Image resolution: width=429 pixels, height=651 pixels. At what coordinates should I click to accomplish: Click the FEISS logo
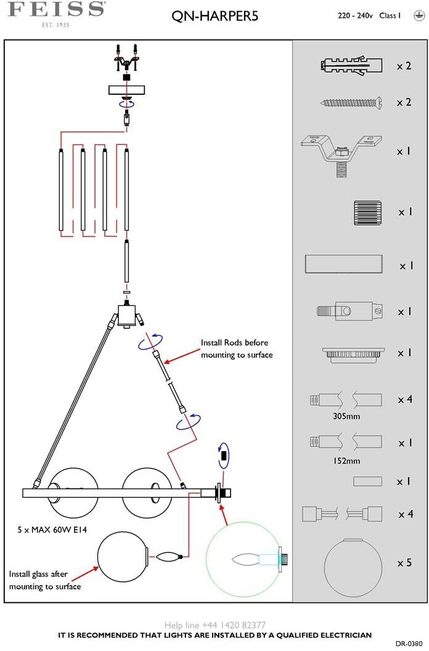(56, 14)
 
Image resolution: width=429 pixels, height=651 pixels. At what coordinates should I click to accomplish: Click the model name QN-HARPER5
(214, 16)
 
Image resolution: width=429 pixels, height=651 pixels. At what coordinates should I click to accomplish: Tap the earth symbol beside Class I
(419, 15)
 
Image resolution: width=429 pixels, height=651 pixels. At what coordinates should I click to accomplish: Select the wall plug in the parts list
(351, 65)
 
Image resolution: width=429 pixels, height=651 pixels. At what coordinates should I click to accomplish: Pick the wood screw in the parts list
(351, 102)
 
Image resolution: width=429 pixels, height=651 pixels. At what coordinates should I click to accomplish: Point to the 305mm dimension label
(346, 416)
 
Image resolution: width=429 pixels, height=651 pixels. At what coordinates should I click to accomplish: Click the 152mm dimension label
(346, 461)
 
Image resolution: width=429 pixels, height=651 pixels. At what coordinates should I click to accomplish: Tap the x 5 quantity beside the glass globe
(404, 563)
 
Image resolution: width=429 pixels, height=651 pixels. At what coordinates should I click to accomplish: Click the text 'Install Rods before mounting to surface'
(237, 349)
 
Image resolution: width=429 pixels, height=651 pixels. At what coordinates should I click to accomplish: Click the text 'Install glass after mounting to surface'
(45, 580)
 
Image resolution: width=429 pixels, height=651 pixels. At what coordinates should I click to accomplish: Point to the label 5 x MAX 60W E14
(52, 530)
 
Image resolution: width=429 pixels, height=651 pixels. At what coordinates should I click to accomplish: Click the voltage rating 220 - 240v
(355, 16)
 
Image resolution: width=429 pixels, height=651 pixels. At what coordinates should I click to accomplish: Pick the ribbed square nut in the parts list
(367, 213)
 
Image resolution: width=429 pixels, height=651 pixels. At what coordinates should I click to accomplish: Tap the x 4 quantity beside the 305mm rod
(406, 399)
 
